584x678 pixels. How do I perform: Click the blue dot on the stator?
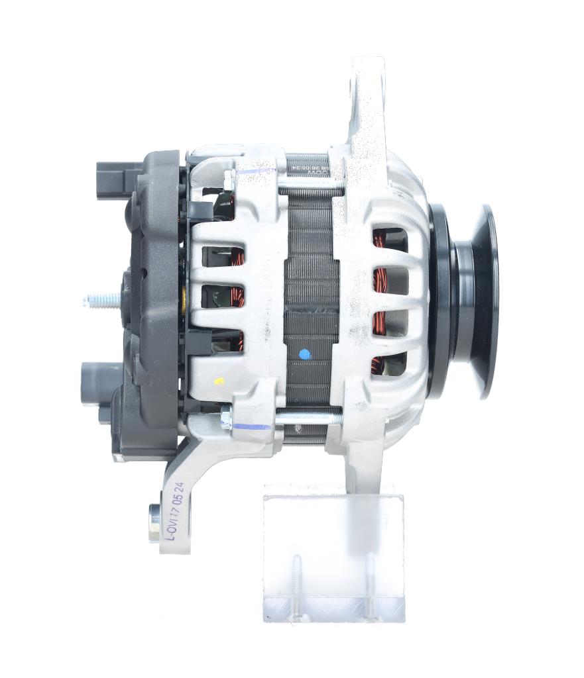click(304, 354)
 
